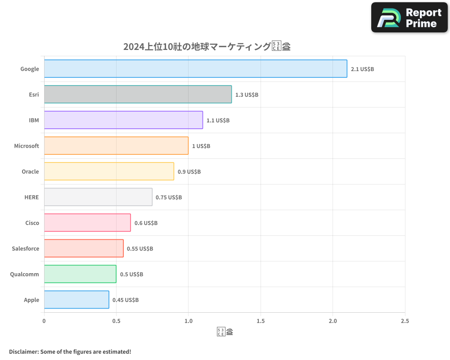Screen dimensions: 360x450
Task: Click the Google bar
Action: pyautogui.click(x=195, y=69)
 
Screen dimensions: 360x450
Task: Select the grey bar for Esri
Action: pyautogui.click(x=138, y=94)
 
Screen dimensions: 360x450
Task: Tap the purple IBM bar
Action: pyautogui.click(x=123, y=120)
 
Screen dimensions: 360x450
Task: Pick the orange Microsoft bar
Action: pyautogui.click(x=116, y=146)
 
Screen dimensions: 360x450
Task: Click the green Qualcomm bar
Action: pyautogui.click(x=80, y=274)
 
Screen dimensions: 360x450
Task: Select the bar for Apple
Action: pyautogui.click(x=76, y=300)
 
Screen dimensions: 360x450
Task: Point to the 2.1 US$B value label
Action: pyautogui.click(x=362, y=69)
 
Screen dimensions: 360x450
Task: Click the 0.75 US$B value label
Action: pyautogui.click(x=169, y=198)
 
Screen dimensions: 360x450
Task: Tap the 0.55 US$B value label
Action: pyautogui.click(x=140, y=249)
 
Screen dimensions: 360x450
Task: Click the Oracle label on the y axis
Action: pyautogui.click(x=30, y=172)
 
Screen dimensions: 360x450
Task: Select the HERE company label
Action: pyautogui.click(x=31, y=198)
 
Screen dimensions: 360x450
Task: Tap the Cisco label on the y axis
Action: pyautogui.click(x=32, y=223)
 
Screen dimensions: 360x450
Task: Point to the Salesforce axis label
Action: pyautogui.click(x=26, y=249)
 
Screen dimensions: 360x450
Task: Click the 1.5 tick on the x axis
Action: pyautogui.click(x=261, y=321)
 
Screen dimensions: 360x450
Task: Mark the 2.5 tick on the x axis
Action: pyautogui.click(x=405, y=321)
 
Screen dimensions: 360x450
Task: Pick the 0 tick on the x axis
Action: pyautogui.click(x=44, y=321)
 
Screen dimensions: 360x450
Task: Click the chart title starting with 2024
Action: pyautogui.click(x=207, y=46)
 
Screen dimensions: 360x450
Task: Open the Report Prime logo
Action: pyautogui.click(x=409, y=18)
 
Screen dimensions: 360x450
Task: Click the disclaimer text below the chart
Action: pyautogui.click(x=70, y=351)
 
